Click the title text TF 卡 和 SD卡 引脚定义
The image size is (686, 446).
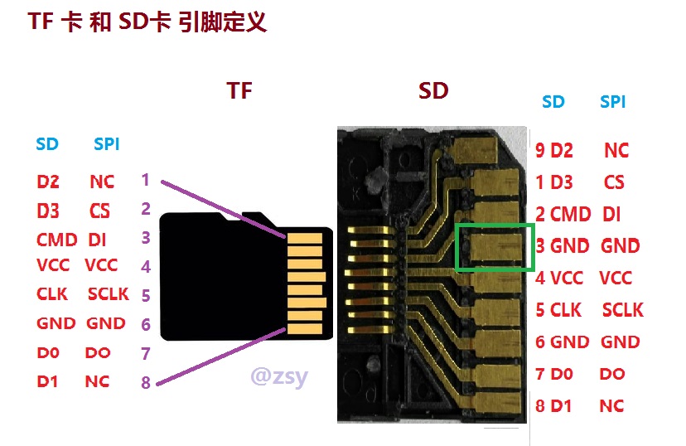147,22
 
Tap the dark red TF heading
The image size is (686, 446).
239,90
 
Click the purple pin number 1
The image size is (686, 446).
146,179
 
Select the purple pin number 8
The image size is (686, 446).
146,382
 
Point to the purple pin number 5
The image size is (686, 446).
146,296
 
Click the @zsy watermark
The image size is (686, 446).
279,377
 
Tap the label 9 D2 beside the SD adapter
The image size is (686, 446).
554,151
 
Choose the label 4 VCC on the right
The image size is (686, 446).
559,278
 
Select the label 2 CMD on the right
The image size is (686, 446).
563,215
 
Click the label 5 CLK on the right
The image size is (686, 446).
558,310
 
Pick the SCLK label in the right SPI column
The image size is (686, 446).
622,310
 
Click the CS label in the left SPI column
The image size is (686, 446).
99,211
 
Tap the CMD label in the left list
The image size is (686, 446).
57,240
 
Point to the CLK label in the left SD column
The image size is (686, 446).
52,293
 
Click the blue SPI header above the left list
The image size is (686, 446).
106,144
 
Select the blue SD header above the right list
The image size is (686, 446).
553,102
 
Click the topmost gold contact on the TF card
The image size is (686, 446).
305,239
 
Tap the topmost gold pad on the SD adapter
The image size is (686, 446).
476,149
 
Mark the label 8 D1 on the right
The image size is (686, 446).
553,405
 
